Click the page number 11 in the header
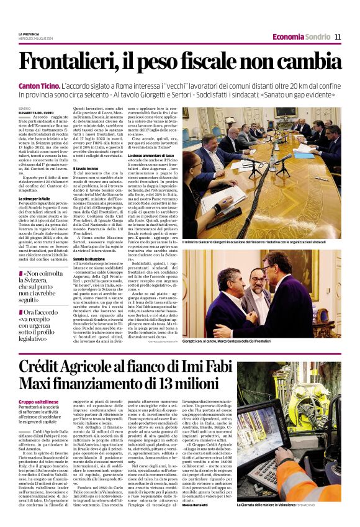point(338,37)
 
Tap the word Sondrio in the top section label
point(318,37)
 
